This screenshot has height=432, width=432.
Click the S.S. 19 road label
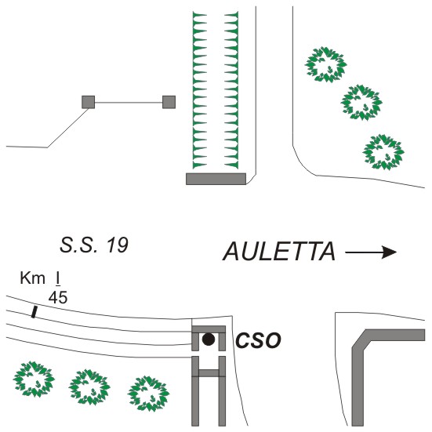tap(94, 245)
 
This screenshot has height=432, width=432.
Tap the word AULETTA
tap(279, 251)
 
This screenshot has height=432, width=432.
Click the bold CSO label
tap(258, 340)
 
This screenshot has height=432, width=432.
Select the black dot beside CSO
tap(209, 339)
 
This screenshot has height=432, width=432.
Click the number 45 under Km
tap(58, 298)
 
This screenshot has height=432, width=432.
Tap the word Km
tap(32, 278)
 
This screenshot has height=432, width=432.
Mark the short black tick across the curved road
tap(34, 312)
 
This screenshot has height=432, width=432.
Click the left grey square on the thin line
tap(89, 102)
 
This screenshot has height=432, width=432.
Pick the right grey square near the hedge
tap(169, 102)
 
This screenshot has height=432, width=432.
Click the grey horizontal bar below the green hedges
tap(216, 179)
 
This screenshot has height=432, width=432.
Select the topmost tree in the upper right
tap(325, 65)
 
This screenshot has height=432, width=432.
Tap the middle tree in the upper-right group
tap(361, 103)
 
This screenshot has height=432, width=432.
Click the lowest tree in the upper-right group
tap(383, 152)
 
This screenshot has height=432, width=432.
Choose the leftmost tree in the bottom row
tap(34, 379)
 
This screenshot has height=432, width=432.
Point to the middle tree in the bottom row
tap(89, 387)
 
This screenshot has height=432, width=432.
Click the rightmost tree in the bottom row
tap(148, 394)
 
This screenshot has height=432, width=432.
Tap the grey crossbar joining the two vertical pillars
tap(209, 373)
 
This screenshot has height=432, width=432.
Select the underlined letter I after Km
tap(58, 278)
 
